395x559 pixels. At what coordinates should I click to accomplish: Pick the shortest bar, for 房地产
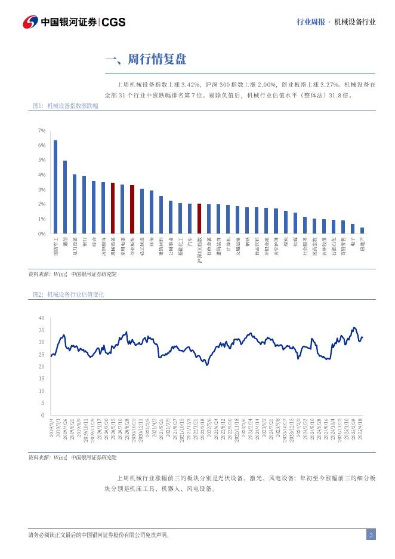coord(362,231)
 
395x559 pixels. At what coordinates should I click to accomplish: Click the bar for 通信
coord(65,197)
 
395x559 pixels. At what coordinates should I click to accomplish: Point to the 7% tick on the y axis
coord(42,131)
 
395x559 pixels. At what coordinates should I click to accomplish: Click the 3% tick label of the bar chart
coord(42,190)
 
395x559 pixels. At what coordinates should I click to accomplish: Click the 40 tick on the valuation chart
coord(41,318)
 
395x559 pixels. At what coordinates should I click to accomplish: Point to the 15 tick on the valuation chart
coord(41,379)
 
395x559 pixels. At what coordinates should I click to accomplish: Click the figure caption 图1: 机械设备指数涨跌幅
coord(66,106)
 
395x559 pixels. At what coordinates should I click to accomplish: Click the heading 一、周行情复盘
coord(146,59)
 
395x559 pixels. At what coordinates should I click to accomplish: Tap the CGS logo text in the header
coord(113,22)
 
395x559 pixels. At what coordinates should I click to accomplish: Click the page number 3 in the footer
coord(371,535)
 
